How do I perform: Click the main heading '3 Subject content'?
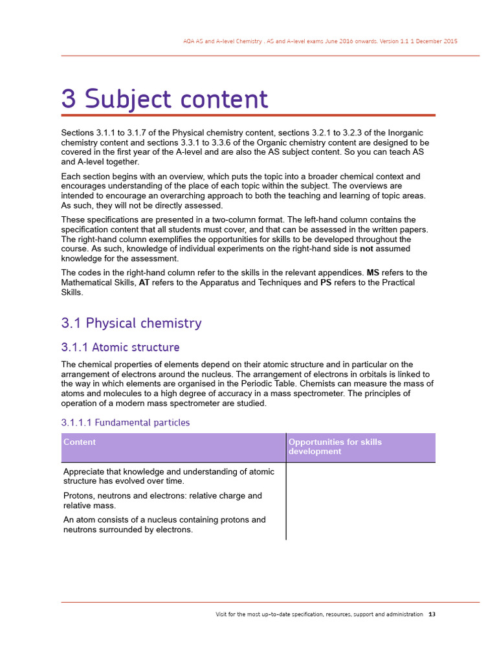(164, 99)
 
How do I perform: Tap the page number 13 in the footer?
(432, 614)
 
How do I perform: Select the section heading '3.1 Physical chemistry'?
(131, 323)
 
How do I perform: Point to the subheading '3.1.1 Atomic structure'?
(120, 348)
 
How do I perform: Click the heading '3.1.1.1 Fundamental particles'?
(126, 423)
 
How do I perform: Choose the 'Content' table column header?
(80, 442)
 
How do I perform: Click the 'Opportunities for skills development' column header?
(335, 447)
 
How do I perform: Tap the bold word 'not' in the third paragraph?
(366, 249)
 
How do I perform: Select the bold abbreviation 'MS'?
(373, 273)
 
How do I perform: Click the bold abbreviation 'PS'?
(326, 283)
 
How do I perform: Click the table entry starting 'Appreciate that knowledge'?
(169, 476)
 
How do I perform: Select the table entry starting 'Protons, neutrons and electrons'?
(162, 500)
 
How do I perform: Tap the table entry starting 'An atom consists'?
(164, 524)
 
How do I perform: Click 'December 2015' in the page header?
(436, 41)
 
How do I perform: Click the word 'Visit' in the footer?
(222, 614)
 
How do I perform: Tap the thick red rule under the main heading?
(248, 115)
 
